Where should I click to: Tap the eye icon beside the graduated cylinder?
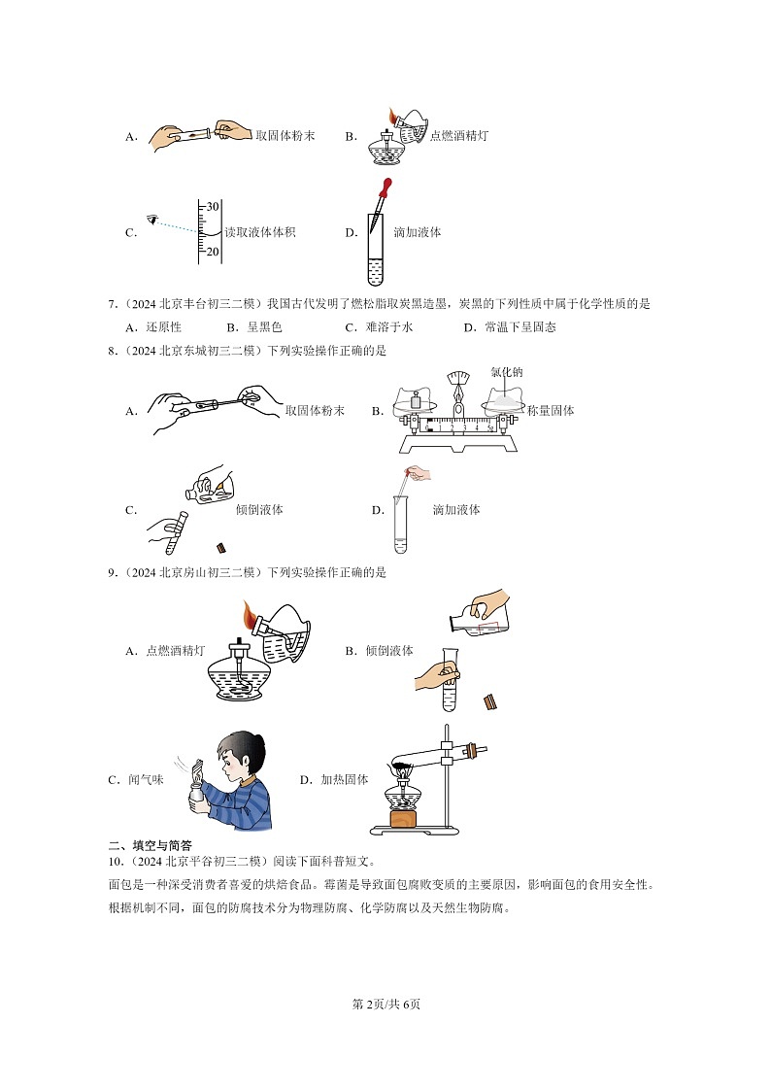(x=151, y=222)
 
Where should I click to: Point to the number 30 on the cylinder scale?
(x=213, y=205)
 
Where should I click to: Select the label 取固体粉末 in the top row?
(x=282, y=136)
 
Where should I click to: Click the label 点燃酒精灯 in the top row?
(x=458, y=136)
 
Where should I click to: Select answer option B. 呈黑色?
(x=253, y=327)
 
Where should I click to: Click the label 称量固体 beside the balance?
(x=551, y=411)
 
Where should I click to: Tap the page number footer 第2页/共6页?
(x=385, y=1004)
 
